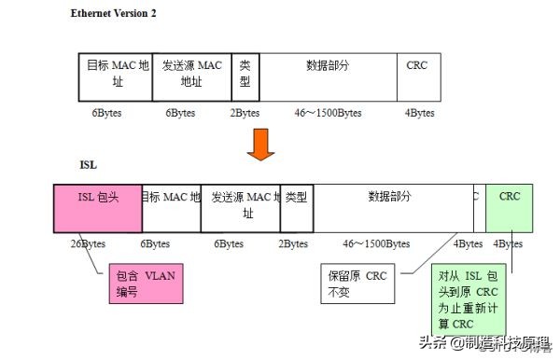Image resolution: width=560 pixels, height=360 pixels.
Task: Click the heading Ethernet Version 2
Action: pos(114,14)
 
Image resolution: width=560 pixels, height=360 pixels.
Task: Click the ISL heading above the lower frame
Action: pos(89,164)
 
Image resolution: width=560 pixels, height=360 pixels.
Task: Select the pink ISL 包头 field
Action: pos(98,206)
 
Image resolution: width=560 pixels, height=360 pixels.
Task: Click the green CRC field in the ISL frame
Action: pos(510,206)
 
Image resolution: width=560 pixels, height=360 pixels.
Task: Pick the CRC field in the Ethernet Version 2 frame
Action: pos(417,76)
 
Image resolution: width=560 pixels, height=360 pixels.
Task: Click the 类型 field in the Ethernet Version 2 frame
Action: pos(245,76)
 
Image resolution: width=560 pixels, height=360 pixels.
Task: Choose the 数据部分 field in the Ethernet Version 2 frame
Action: pos(327,76)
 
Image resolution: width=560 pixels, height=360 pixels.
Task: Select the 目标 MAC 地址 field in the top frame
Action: pos(116,76)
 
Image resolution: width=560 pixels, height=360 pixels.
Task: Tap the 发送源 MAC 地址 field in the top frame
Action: pos(191,76)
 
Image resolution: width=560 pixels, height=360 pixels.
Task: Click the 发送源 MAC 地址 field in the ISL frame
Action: pos(240,206)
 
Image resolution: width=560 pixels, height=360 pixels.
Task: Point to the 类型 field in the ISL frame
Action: pos(296,206)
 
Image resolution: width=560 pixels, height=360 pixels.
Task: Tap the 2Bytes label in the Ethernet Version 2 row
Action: pos(245,113)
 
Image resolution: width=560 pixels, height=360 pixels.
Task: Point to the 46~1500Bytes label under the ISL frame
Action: pos(376,243)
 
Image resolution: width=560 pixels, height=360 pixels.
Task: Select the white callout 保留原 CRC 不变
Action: pos(357,284)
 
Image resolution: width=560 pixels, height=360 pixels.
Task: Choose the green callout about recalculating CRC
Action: pos(466,299)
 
